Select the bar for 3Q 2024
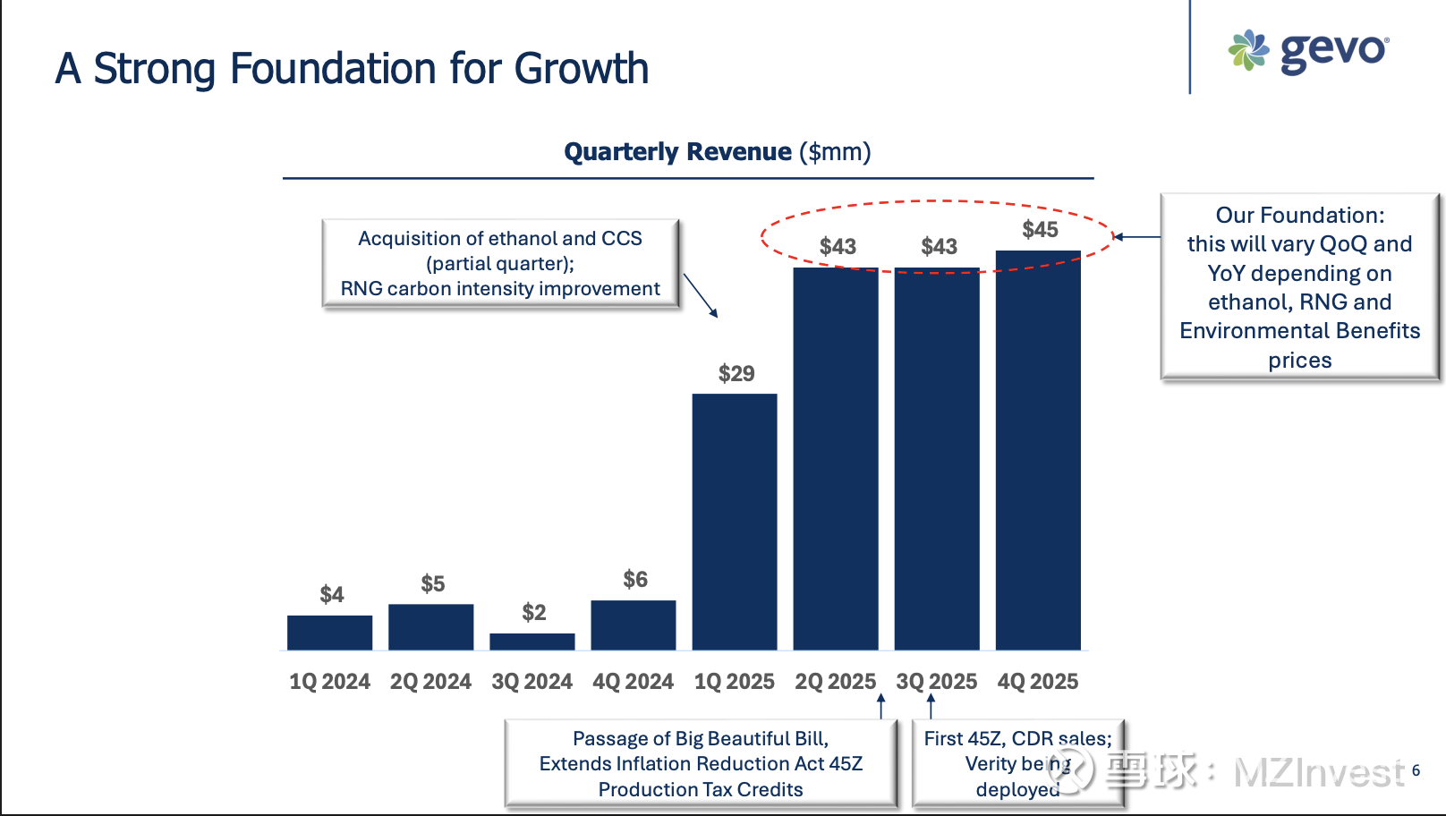point(532,642)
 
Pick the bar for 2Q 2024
point(431,627)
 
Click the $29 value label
point(736,373)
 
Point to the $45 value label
point(1040,230)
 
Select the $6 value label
point(635,580)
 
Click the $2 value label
point(534,613)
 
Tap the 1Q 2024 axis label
point(329,682)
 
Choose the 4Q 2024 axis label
point(634,682)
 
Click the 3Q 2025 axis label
point(937,682)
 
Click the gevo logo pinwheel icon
point(1248,50)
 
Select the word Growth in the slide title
point(582,69)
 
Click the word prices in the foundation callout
point(1299,361)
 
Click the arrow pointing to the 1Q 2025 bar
point(701,295)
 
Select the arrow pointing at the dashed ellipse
point(1136,237)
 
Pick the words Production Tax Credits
point(701,790)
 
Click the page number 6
point(1416,770)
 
